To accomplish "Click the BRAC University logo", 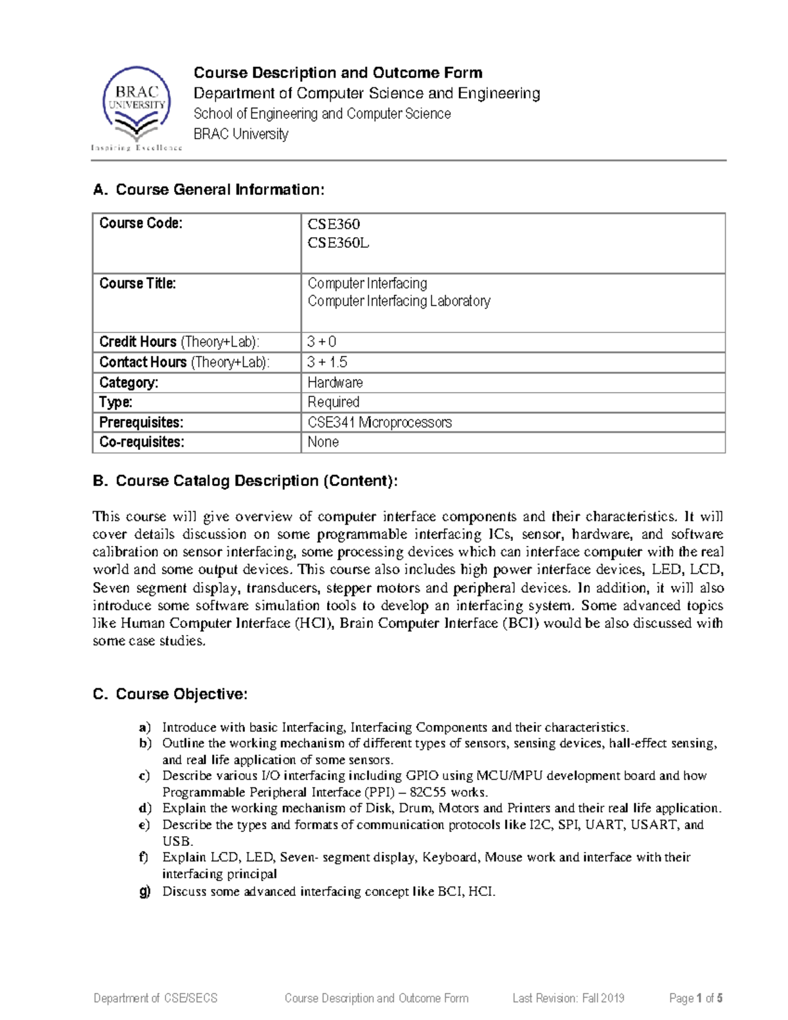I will tap(137, 107).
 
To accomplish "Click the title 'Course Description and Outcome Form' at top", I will tap(338, 73).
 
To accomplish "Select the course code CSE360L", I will tap(338, 243).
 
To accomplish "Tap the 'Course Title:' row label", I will tap(137, 284).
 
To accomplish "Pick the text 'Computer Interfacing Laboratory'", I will tap(399, 301).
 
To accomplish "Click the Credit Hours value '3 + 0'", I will tap(322, 342).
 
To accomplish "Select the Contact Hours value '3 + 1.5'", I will tap(327, 363).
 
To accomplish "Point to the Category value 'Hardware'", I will tap(335, 383).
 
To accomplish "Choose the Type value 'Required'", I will tap(333, 403).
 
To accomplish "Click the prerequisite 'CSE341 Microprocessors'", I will tap(380, 423).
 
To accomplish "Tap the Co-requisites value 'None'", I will tap(323, 443).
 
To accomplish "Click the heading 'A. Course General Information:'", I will tap(209, 190).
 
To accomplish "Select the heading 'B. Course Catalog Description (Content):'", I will tap(245, 481).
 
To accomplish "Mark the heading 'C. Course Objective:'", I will tap(170, 694).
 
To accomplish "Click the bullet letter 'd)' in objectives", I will tap(145, 809).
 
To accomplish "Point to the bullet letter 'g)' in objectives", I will tap(145, 892).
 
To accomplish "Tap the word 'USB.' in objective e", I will tap(177, 841).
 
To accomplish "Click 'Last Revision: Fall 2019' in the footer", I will tap(568, 998).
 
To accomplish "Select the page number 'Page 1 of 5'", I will tap(695, 998).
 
